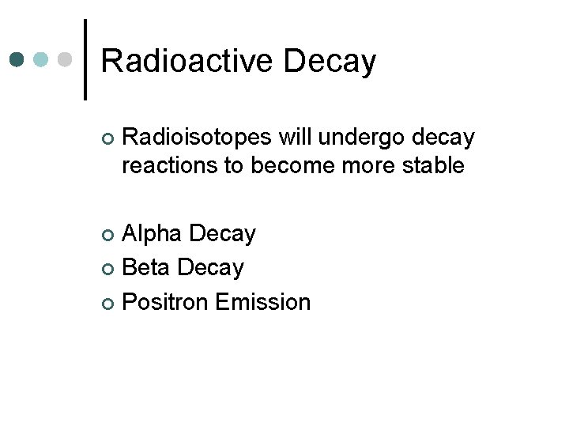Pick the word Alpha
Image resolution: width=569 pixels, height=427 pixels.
point(153,234)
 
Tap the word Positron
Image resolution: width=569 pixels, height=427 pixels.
point(164,302)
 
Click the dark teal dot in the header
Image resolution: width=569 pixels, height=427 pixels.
point(17,59)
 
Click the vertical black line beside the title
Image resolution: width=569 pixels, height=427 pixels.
point(85,59)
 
